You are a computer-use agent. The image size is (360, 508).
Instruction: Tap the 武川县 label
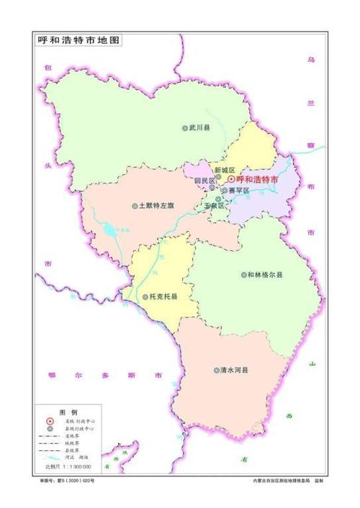tap(199, 128)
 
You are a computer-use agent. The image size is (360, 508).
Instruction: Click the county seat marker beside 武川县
tap(184, 128)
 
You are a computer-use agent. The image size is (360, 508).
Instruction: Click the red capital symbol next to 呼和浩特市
tap(230, 179)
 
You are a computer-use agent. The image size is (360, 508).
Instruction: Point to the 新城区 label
tap(225, 170)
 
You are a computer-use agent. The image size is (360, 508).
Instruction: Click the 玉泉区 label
tap(215, 205)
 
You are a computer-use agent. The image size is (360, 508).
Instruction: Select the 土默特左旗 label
tap(157, 206)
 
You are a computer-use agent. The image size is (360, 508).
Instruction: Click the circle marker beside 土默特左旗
tap(135, 206)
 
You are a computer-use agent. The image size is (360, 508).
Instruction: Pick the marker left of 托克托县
tap(145, 296)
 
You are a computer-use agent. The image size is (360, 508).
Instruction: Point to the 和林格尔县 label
tap(264, 275)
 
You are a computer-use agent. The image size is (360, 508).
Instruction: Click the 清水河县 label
tap(234, 371)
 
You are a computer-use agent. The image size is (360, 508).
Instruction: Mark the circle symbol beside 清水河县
tap(216, 371)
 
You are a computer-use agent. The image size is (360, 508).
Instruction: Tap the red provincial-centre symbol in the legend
tap(50, 422)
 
